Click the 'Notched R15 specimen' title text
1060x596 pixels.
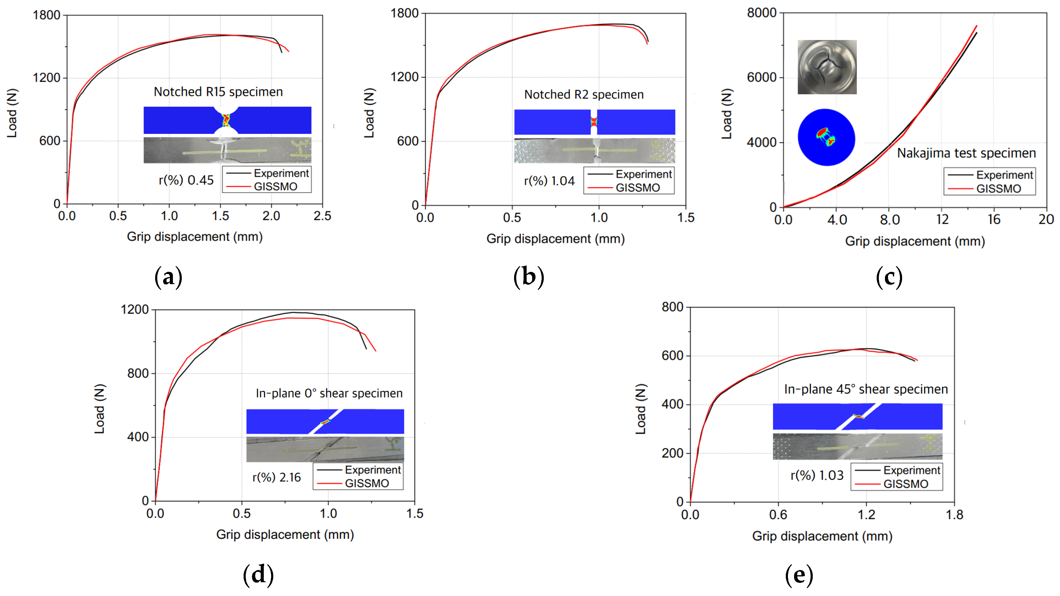218,92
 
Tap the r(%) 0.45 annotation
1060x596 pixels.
186,180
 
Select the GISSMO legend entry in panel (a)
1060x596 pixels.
275,187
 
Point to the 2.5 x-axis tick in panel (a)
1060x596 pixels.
322,216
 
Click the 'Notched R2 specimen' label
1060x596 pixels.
584,94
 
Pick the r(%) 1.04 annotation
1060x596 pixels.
549,181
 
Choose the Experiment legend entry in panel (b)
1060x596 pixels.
643,174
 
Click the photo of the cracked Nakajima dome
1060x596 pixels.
827,67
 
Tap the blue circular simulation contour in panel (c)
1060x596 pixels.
826,137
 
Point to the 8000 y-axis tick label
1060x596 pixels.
761,13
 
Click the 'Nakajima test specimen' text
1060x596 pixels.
966,153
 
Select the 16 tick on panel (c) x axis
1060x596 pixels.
994,220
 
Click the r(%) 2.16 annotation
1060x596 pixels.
277,478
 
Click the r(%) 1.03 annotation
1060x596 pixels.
817,476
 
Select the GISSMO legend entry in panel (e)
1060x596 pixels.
905,484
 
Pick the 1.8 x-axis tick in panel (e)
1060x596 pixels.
954,515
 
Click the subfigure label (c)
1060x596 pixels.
889,277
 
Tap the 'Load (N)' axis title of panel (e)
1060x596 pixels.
641,409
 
